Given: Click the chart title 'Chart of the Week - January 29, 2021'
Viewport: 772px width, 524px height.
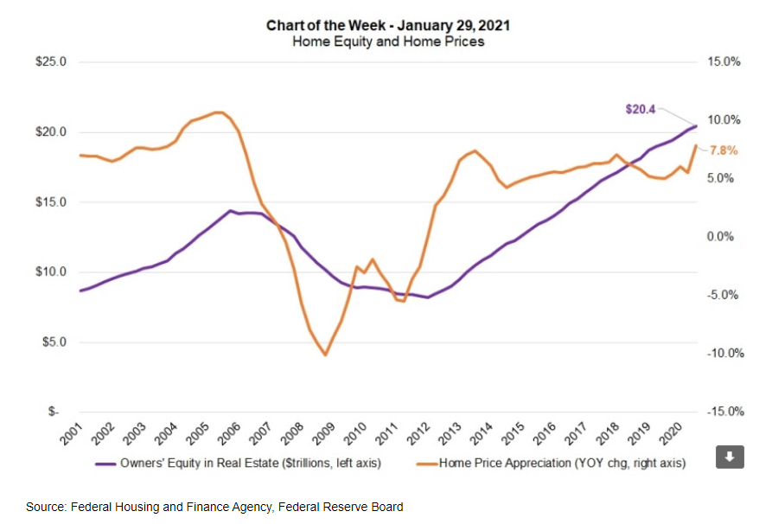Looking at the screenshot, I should tap(386, 26).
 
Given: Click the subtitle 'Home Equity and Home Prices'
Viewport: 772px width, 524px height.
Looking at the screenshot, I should tap(386, 42).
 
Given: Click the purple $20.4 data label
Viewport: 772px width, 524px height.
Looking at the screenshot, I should tap(641, 110).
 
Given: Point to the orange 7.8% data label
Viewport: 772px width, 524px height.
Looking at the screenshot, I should tap(723, 150).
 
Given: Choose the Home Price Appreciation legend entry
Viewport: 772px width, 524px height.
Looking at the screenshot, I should tap(553, 463).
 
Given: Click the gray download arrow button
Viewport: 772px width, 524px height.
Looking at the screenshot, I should tap(730, 457).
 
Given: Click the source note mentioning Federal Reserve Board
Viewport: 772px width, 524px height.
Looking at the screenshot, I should tap(214, 507).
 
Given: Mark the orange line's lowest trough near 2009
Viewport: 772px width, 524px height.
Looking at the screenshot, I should tap(325, 355).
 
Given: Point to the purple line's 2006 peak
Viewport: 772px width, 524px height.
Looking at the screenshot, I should tap(230, 210).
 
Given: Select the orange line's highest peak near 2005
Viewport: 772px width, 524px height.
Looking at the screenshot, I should tap(219, 112).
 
